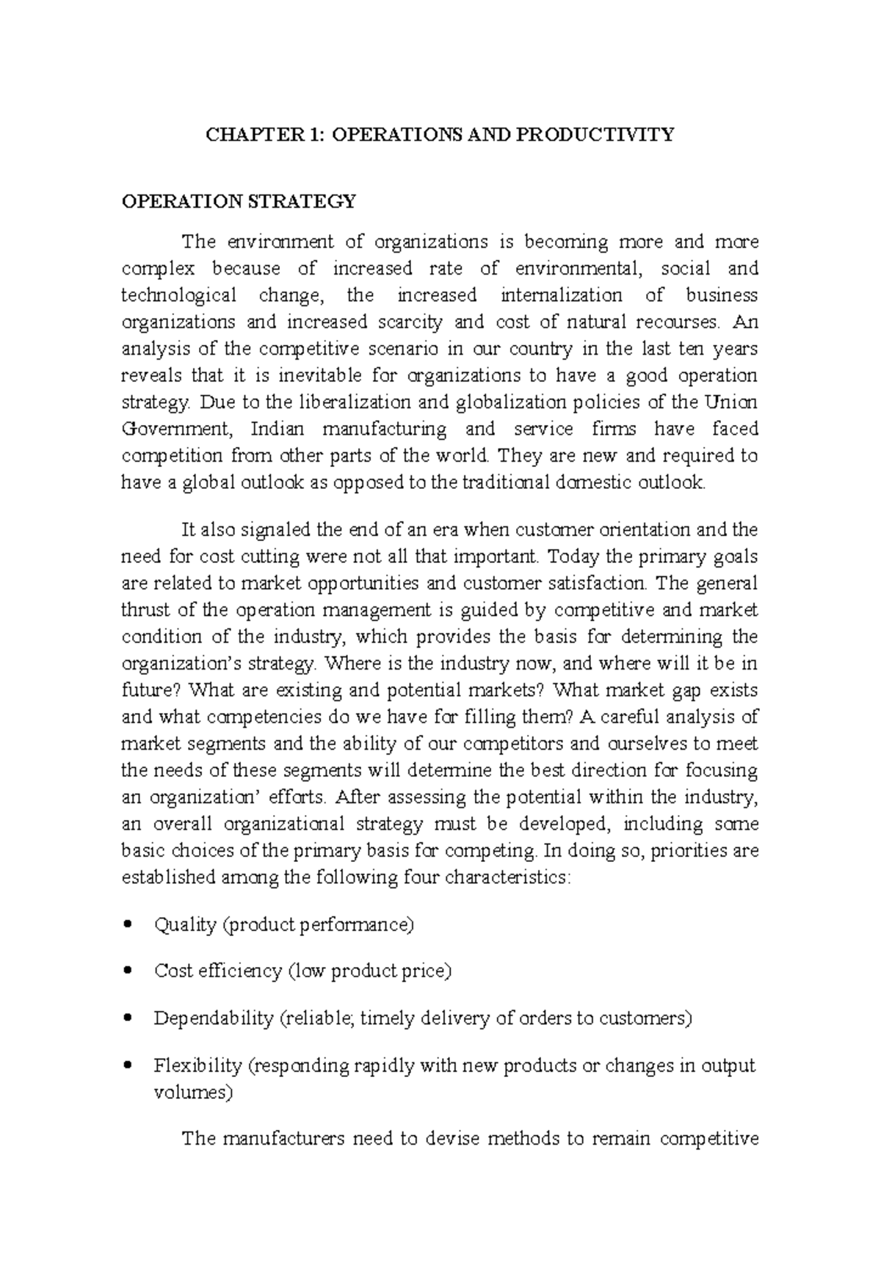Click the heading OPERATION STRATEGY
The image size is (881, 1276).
pyautogui.click(x=239, y=201)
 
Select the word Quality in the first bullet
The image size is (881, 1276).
pyautogui.click(x=184, y=924)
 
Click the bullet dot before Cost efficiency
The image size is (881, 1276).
pyautogui.click(x=129, y=971)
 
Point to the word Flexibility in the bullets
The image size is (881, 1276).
pyautogui.click(x=197, y=1065)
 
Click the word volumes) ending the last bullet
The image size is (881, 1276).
pyautogui.click(x=192, y=1092)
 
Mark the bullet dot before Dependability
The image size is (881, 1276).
pyautogui.click(x=129, y=1018)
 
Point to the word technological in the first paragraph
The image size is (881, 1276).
pyautogui.click(x=178, y=295)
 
